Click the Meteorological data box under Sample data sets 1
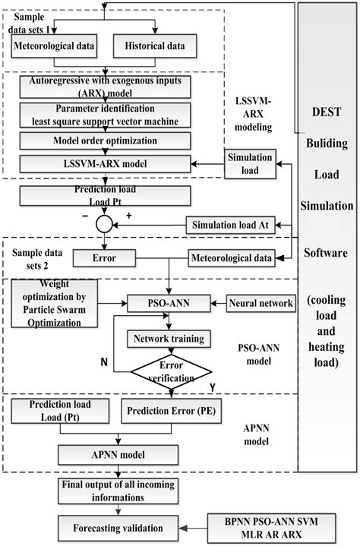(54, 46)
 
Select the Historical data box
(154, 46)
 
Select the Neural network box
(261, 303)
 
